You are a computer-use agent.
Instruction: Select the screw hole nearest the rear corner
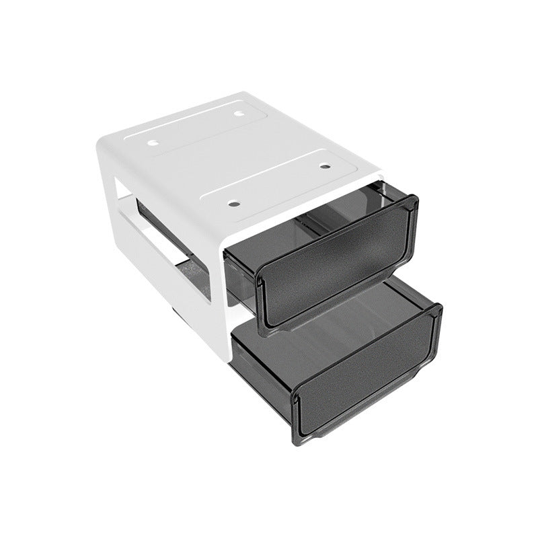click(239, 114)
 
